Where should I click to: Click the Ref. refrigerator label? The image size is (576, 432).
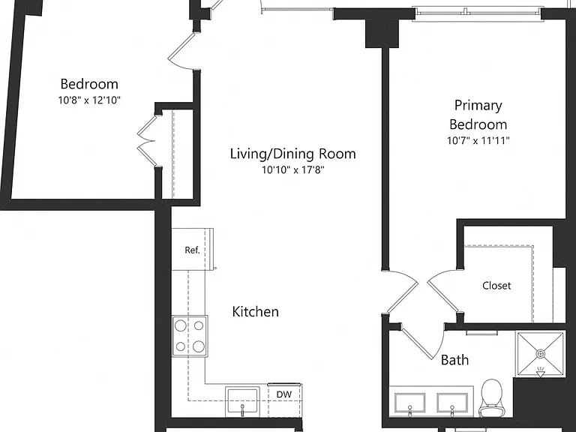192,250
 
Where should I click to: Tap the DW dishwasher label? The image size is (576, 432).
284,394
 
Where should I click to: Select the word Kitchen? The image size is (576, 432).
255,311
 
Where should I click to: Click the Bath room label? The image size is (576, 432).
454,360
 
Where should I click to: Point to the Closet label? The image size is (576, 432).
496,286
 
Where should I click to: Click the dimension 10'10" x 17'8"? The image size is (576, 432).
293,169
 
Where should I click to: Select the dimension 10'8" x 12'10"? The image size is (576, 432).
89,100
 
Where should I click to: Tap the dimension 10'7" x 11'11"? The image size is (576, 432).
478,140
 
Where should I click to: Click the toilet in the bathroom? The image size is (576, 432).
491,397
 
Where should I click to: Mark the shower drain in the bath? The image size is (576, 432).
540,354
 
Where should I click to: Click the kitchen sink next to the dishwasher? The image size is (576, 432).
242,401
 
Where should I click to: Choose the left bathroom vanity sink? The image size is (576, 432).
410,403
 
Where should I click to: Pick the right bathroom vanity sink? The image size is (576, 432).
452,403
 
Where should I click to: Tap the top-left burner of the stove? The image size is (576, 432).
180,325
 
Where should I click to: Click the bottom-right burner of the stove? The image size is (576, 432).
199,346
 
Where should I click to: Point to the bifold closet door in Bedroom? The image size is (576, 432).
146,141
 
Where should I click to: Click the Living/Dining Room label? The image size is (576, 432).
293,154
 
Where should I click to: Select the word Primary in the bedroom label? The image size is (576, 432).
478,106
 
